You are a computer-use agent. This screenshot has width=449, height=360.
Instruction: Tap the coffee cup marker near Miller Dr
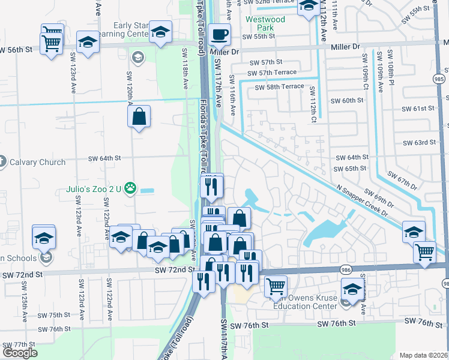tap(220, 35)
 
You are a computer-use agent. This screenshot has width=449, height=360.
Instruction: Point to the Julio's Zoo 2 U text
tap(93, 190)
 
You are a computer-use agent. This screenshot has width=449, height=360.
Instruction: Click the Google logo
tap(20, 353)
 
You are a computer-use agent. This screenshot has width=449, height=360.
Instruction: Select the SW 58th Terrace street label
tap(280, 87)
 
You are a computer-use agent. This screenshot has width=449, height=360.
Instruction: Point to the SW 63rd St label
tap(420, 142)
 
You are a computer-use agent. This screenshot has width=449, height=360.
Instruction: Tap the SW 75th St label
tap(54, 315)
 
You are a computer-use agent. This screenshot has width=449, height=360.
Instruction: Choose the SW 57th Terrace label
tap(273, 73)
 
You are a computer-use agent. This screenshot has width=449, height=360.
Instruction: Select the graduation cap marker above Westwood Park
tap(309, 7)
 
